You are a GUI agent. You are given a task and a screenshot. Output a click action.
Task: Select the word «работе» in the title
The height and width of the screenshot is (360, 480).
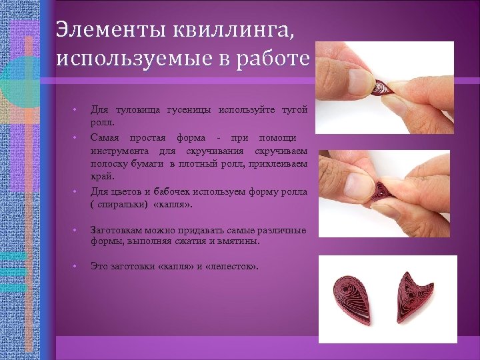click(x=274, y=58)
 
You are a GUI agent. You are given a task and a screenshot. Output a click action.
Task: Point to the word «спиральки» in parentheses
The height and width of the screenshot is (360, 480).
click(x=125, y=204)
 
